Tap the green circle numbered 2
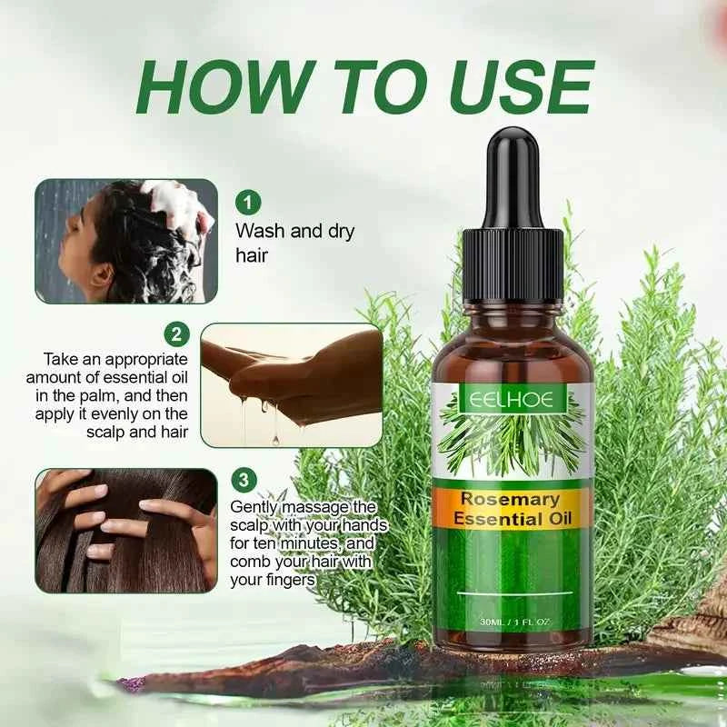[x=175, y=334]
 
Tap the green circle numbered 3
[x=244, y=479]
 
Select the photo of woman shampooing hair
[x=126, y=241]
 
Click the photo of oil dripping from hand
[x=291, y=384]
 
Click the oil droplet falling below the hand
[x=274, y=440]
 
